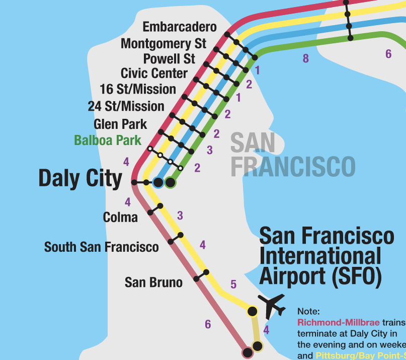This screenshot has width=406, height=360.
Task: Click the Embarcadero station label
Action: pos(180,27)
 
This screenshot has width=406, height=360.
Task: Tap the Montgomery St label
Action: pos(164,43)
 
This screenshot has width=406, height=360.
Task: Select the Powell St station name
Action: pos(169,58)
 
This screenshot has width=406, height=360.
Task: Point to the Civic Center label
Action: pos(154,74)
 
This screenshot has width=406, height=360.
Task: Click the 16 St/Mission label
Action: pos(138,90)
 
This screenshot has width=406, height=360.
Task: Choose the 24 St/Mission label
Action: pos(126,106)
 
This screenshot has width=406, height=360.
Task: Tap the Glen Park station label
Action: pos(120,124)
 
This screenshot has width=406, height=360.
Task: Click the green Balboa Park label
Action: pos(108,140)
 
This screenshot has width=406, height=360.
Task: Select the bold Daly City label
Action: pos(80,179)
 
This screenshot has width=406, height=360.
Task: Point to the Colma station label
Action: pos(120,217)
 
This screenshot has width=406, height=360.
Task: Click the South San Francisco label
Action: pos(101,247)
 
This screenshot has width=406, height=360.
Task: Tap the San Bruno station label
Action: pos(153,282)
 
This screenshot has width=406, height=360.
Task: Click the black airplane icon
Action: pos(272,305)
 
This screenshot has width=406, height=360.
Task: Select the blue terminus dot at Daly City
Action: pos(158,182)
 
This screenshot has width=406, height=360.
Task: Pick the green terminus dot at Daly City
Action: pos(170,182)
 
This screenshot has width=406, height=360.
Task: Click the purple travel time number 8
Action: pos(306,58)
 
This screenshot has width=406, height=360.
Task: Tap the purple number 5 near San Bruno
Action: pos(233,284)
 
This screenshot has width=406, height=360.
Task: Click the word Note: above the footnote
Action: pos(308,312)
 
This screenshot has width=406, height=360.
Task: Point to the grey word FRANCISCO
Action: pos(293,166)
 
